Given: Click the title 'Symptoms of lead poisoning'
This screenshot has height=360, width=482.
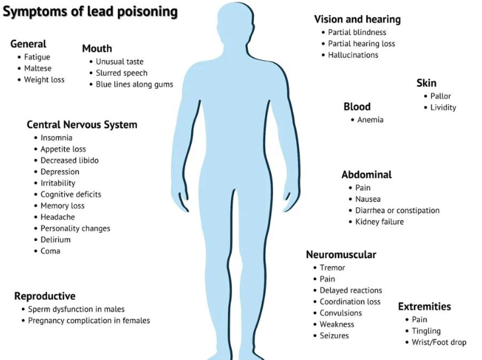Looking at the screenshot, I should [90, 12].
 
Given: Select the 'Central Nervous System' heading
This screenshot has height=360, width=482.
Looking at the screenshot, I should [82, 124].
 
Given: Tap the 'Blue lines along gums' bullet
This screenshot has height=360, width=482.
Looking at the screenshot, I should [134, 85].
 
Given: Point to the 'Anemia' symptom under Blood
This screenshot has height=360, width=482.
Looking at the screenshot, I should [370, 120].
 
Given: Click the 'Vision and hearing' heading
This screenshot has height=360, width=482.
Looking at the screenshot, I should [357, 19].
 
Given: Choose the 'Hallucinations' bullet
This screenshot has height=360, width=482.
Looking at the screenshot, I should [353, 55].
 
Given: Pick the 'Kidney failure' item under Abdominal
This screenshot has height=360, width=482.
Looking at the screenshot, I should [380, 222].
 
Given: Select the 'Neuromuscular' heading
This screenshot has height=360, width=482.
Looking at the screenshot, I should [341, 255].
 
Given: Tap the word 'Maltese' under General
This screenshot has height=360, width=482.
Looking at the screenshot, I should [38, 68].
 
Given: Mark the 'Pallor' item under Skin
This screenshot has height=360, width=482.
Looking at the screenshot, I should [440, 96].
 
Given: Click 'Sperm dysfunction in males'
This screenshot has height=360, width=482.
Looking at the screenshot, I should [76, 309].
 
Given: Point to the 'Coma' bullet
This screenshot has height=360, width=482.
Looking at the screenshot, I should [50, 251].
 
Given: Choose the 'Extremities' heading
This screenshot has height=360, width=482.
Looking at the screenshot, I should [424, 306].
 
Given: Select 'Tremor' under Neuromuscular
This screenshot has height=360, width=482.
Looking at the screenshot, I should [333, 267].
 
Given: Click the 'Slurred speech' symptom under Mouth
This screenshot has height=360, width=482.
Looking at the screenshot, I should [122, 73].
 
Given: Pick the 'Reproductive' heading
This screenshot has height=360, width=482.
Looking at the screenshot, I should [45, 296].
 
